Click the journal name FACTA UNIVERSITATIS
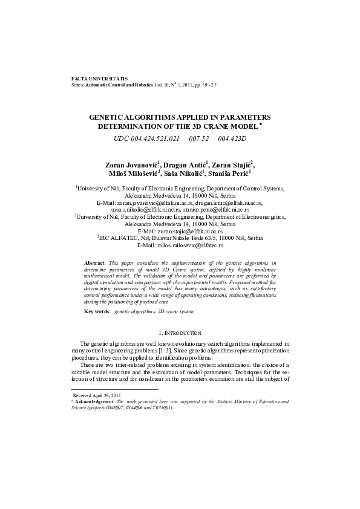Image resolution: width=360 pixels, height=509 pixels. click(91, 79)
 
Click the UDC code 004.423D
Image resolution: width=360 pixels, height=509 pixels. click(232, 139)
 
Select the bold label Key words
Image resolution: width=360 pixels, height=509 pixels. click(97, 311)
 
